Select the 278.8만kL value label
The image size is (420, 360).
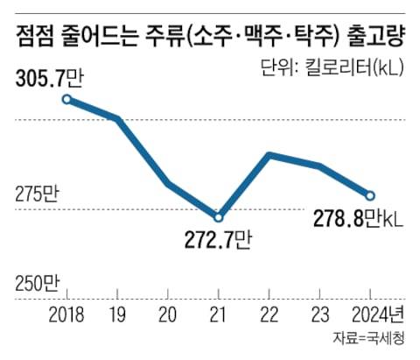357,220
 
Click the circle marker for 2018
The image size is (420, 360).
66,99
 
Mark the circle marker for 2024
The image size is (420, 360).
370,195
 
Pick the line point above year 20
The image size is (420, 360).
168,184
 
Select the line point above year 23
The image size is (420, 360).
320,166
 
